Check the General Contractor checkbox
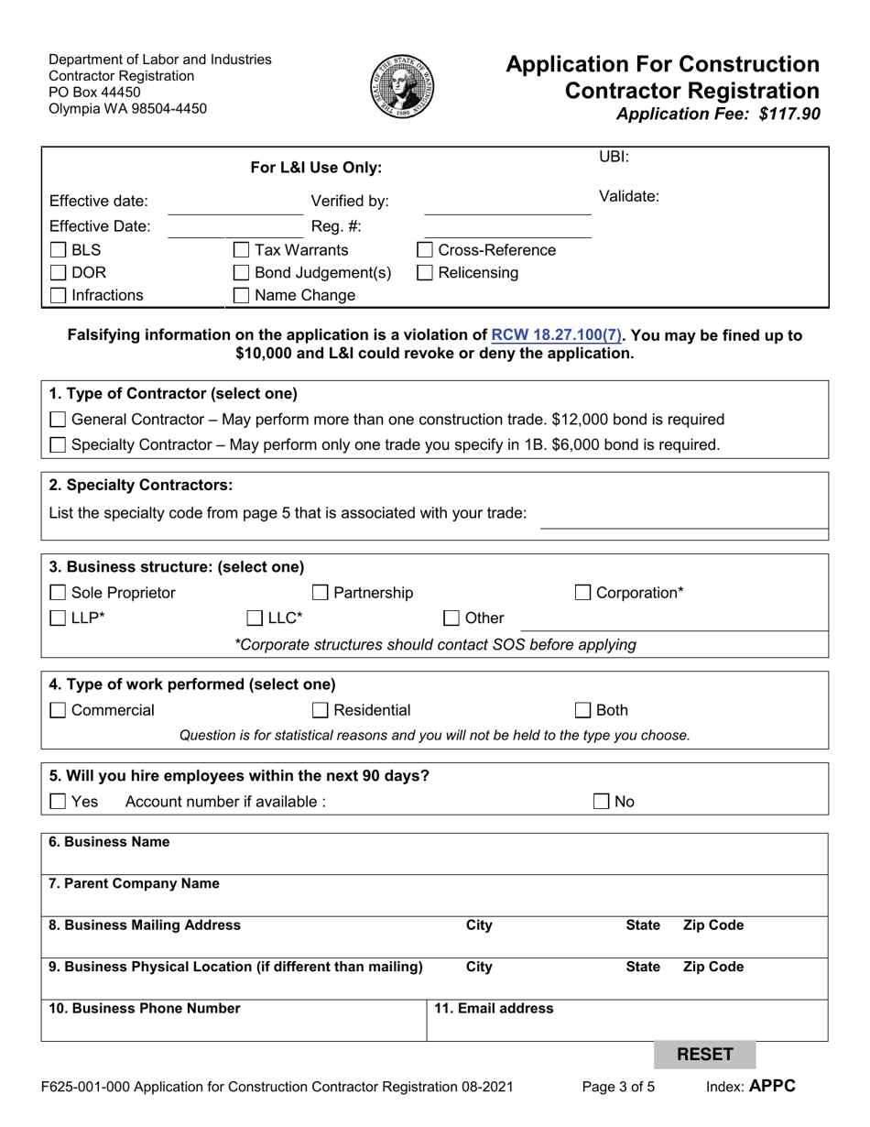coord(58,420)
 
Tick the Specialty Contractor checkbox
coord(58,445)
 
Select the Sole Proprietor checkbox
coord(58,593)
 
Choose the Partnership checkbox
coord(321,593)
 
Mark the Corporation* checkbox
coord(583,593)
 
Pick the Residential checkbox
coord(321,710)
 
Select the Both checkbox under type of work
coord(583,710)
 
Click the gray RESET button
coord(704,1055)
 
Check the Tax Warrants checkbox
coord(242,250)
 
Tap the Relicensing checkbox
coord(426,272)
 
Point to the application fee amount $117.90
coord(784,115)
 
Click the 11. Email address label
coord(494,1009)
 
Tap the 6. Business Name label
coord(109,842)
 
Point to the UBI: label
coord(614,157)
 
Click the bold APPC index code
coord(773,1087)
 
